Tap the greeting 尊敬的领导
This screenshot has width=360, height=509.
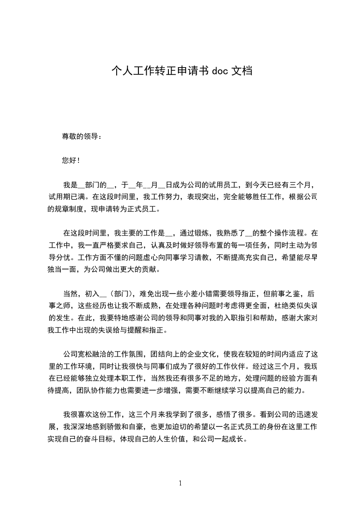(x=79, y=136)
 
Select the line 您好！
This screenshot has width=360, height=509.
(x=71, y=161)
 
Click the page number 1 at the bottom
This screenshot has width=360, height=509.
(x=180, y=483)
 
